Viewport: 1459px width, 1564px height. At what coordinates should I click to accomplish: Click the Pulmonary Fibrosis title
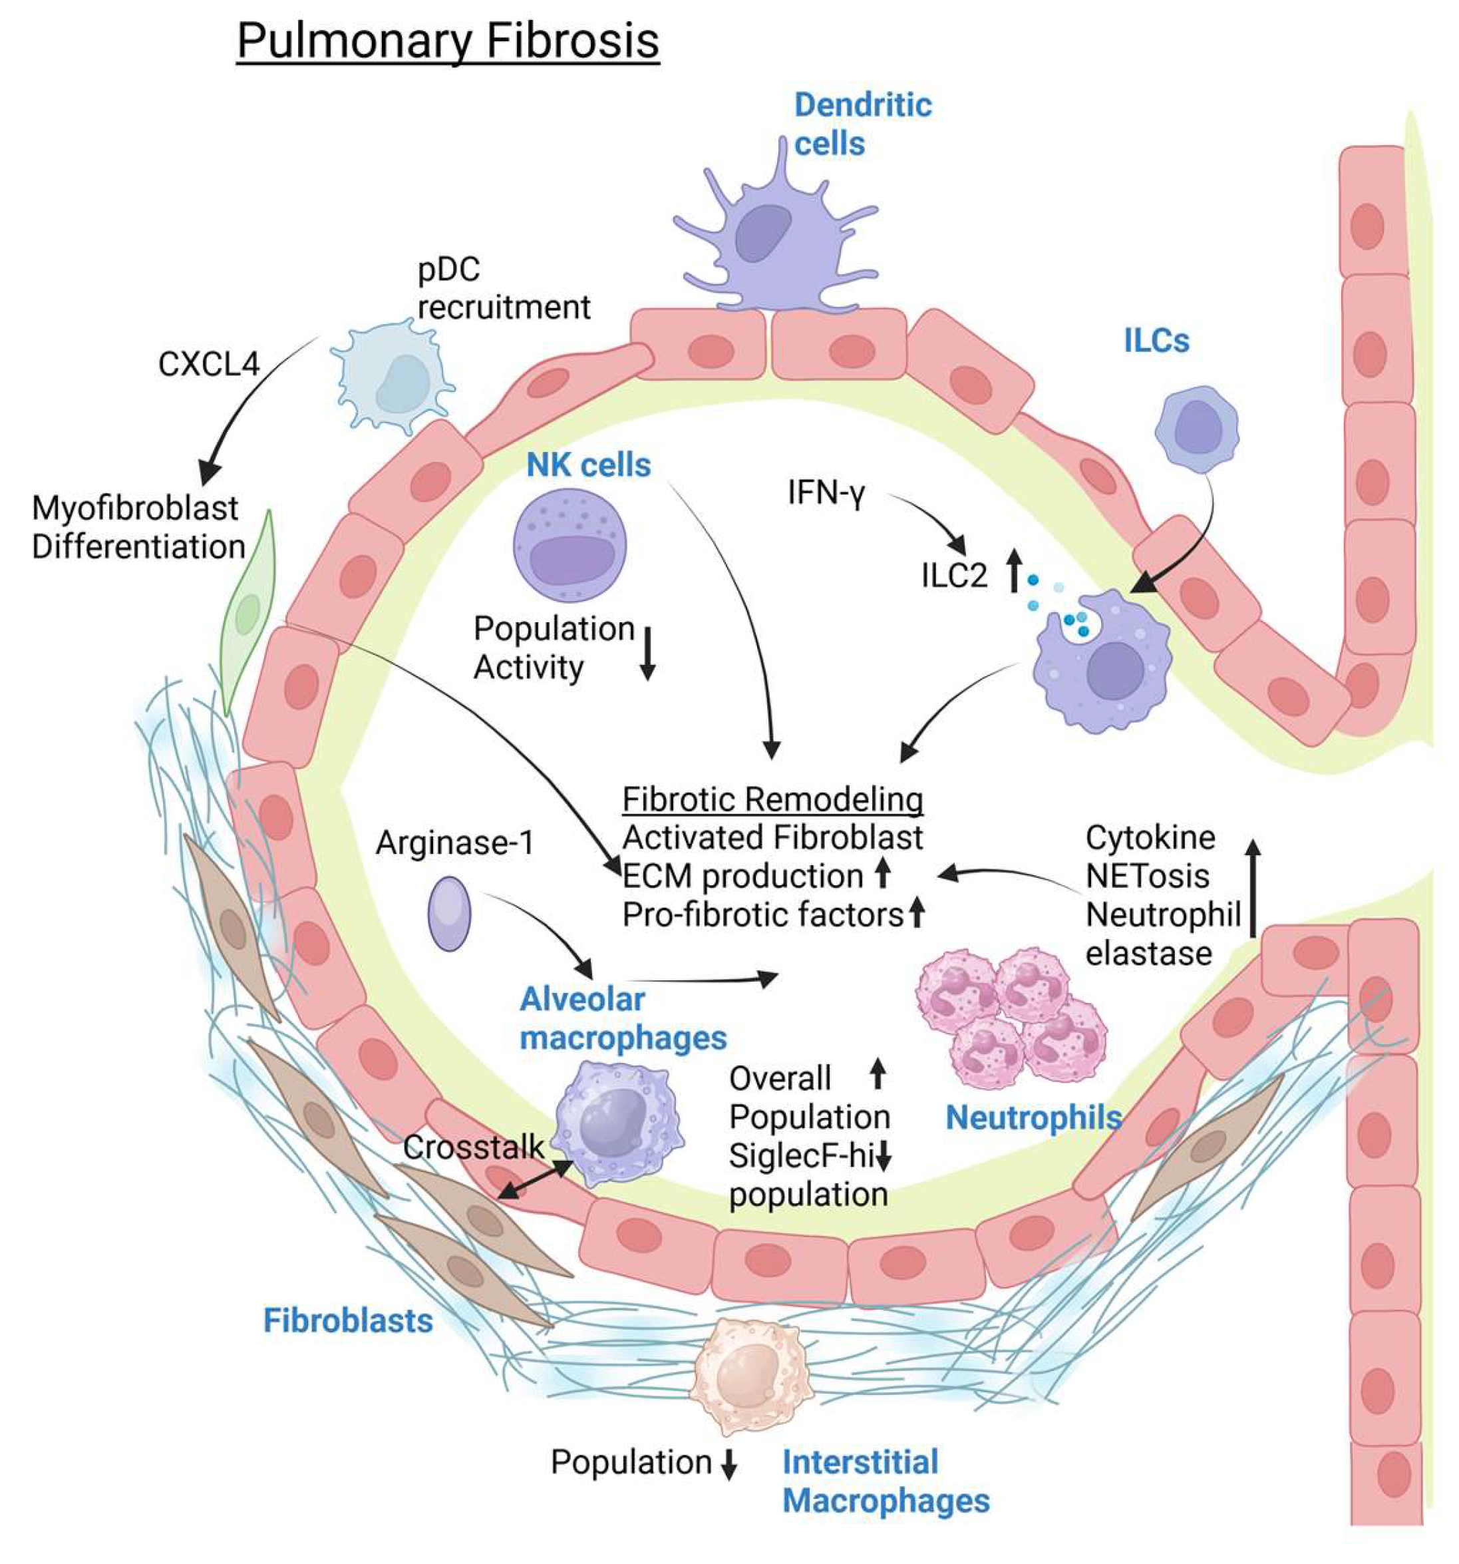point(448,41)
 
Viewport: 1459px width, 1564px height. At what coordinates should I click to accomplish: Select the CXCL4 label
point(208,364)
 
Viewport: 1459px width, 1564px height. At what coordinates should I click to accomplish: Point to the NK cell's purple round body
point(569,546)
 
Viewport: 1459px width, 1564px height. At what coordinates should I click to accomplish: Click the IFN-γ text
point(826,493)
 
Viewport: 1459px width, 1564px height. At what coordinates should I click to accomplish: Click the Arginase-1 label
point(454,843)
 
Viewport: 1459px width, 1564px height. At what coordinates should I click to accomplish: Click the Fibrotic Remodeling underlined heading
point(772,799)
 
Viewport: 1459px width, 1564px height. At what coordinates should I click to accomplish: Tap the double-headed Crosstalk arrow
point(536,1180)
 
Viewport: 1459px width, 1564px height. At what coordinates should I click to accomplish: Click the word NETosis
point(1147,876)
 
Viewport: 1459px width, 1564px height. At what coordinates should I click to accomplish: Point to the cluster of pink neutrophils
point(1011,1015)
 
